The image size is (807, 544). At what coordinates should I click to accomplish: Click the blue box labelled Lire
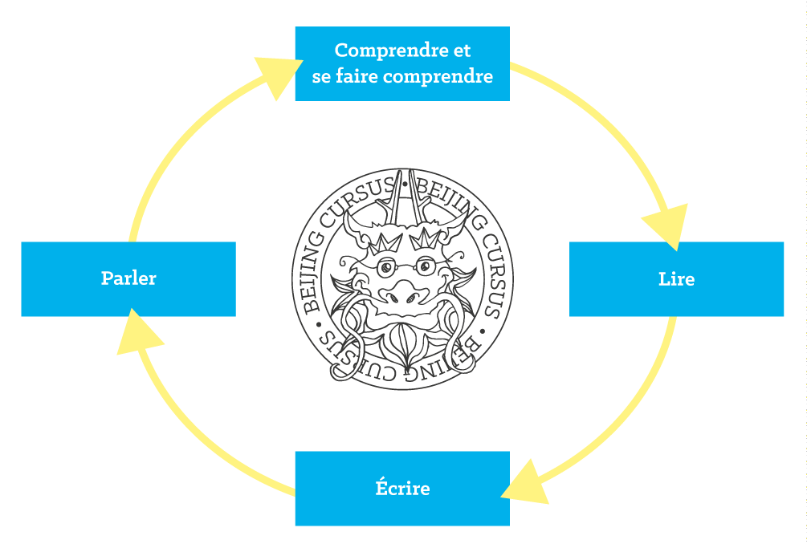(676, 278)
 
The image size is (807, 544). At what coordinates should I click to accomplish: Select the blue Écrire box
(401, 488)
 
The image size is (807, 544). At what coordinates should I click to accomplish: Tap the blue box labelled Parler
(128, 278)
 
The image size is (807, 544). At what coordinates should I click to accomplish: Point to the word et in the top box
(461, 50)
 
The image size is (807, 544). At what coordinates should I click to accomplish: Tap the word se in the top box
(321, 77)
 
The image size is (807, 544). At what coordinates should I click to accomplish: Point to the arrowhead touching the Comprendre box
(273, 76)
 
